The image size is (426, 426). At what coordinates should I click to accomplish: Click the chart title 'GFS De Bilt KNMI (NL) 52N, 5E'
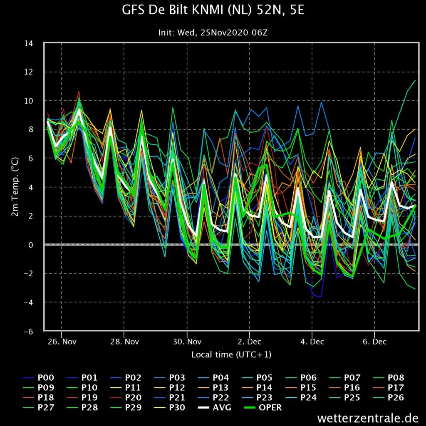[213, 10]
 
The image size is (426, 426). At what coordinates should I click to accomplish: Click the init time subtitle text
[213, 32]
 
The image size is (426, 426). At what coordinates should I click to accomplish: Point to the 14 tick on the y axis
[29, 43]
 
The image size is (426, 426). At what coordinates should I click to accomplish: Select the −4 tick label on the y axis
[28, 302]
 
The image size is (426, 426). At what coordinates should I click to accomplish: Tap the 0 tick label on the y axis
[30, 245]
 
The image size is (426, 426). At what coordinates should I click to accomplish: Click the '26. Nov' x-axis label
[62, 342]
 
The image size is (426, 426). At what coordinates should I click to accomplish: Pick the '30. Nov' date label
[187, 342]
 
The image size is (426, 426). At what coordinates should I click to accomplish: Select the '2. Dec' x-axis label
[250, 342]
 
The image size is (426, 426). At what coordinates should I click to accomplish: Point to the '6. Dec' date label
[375, 342]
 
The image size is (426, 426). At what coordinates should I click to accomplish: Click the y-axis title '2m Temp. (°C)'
[15, 187]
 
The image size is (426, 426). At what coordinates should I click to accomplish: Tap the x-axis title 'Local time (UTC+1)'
[231, 354]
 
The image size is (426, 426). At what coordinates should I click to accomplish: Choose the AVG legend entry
[215, 408]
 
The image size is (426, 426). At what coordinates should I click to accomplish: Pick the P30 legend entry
[170, 408]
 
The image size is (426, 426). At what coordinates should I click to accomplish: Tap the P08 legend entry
[389, 378]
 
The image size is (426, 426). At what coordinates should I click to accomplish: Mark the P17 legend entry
[389, 388]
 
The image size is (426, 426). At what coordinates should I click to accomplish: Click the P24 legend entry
[301, 397]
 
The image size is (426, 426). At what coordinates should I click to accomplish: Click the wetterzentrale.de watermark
[368, 418]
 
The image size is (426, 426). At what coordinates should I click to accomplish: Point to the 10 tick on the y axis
[29, 101]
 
